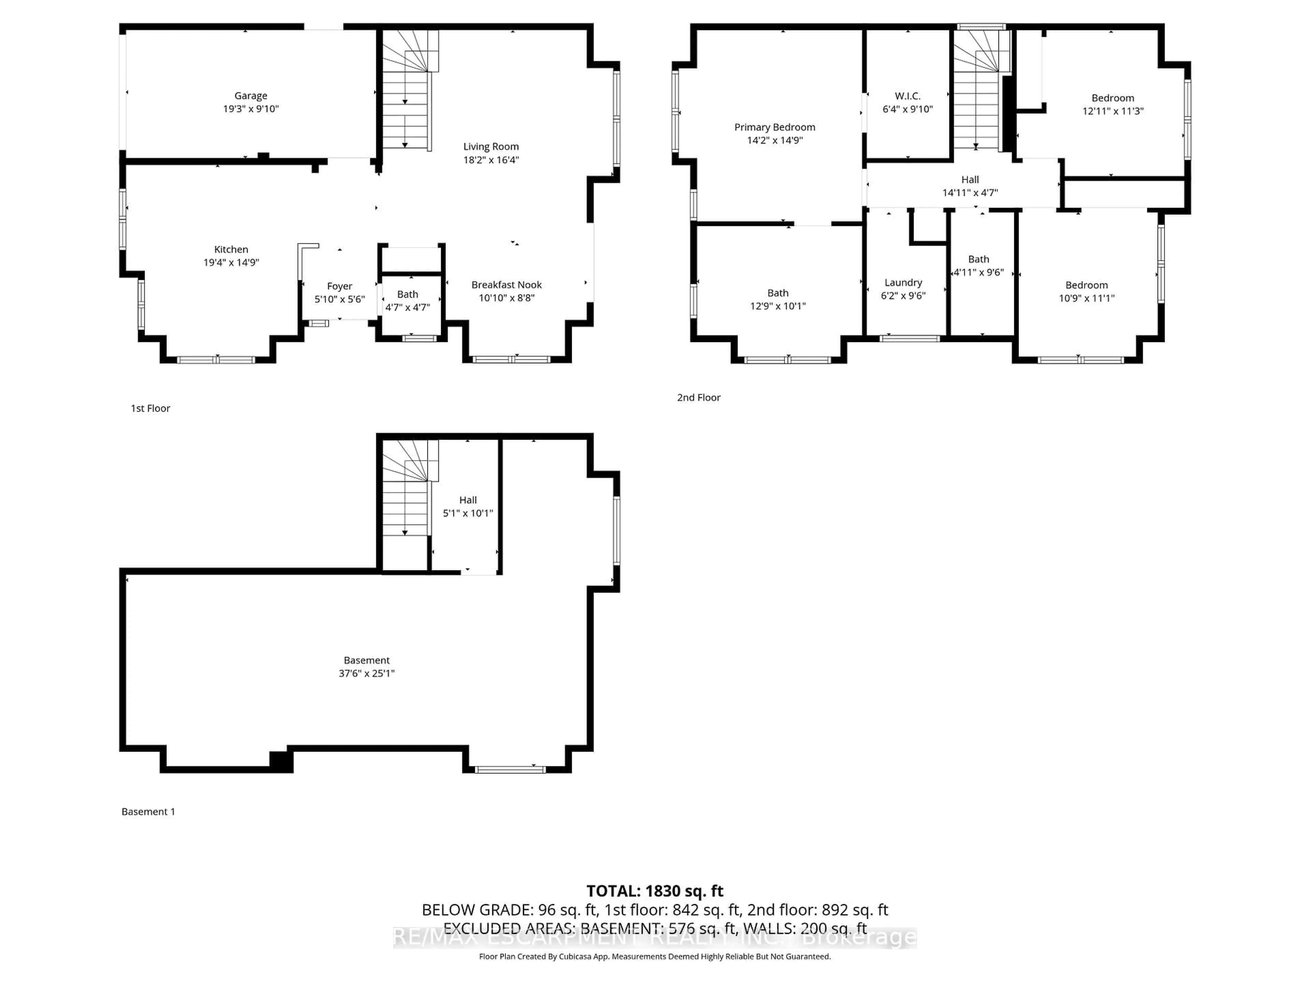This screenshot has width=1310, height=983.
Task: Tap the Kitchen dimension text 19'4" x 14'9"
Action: (231, 262)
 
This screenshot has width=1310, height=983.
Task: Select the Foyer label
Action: (339, 286)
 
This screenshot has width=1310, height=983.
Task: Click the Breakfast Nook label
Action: (506, 285)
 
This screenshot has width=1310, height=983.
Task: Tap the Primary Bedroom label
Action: (775, 127)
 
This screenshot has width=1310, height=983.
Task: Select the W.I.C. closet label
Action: (907, 96)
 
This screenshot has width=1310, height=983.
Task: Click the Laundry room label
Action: (903, 283)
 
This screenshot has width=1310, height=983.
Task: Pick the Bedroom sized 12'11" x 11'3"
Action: (1113, 104)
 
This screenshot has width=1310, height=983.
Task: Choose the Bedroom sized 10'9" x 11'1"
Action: (1086, 291)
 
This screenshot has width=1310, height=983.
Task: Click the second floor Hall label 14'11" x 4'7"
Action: (970, 186)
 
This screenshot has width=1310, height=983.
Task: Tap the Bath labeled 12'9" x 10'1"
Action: (777, 299)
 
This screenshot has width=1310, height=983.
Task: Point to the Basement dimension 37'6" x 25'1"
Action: (367, 673)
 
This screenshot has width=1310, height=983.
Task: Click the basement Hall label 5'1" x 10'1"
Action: (467, 507)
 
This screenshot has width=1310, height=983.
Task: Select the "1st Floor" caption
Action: (150, 408)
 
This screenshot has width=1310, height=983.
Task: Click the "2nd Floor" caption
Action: (698, 398)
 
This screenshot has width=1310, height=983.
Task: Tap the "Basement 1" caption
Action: (148, 812)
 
